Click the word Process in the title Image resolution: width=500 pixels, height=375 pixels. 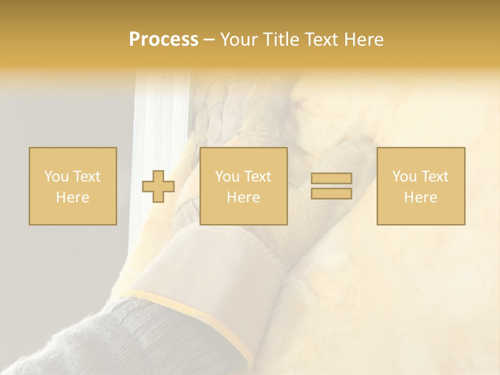164,40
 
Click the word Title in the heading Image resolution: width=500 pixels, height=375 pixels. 281,40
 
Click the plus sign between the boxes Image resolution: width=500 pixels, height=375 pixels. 158,186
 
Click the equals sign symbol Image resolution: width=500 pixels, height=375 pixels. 331,186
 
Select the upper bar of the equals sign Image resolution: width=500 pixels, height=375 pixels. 331,179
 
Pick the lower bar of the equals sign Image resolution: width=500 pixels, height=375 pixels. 331,194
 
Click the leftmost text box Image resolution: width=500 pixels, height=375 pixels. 73,186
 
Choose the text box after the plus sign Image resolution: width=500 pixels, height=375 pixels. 244,186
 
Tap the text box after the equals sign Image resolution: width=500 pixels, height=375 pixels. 421,186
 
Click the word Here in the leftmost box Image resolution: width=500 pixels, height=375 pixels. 73,197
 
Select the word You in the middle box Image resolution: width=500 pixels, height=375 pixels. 227,177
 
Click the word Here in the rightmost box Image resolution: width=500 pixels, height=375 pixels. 421,197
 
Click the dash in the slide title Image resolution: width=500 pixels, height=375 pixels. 209,40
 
